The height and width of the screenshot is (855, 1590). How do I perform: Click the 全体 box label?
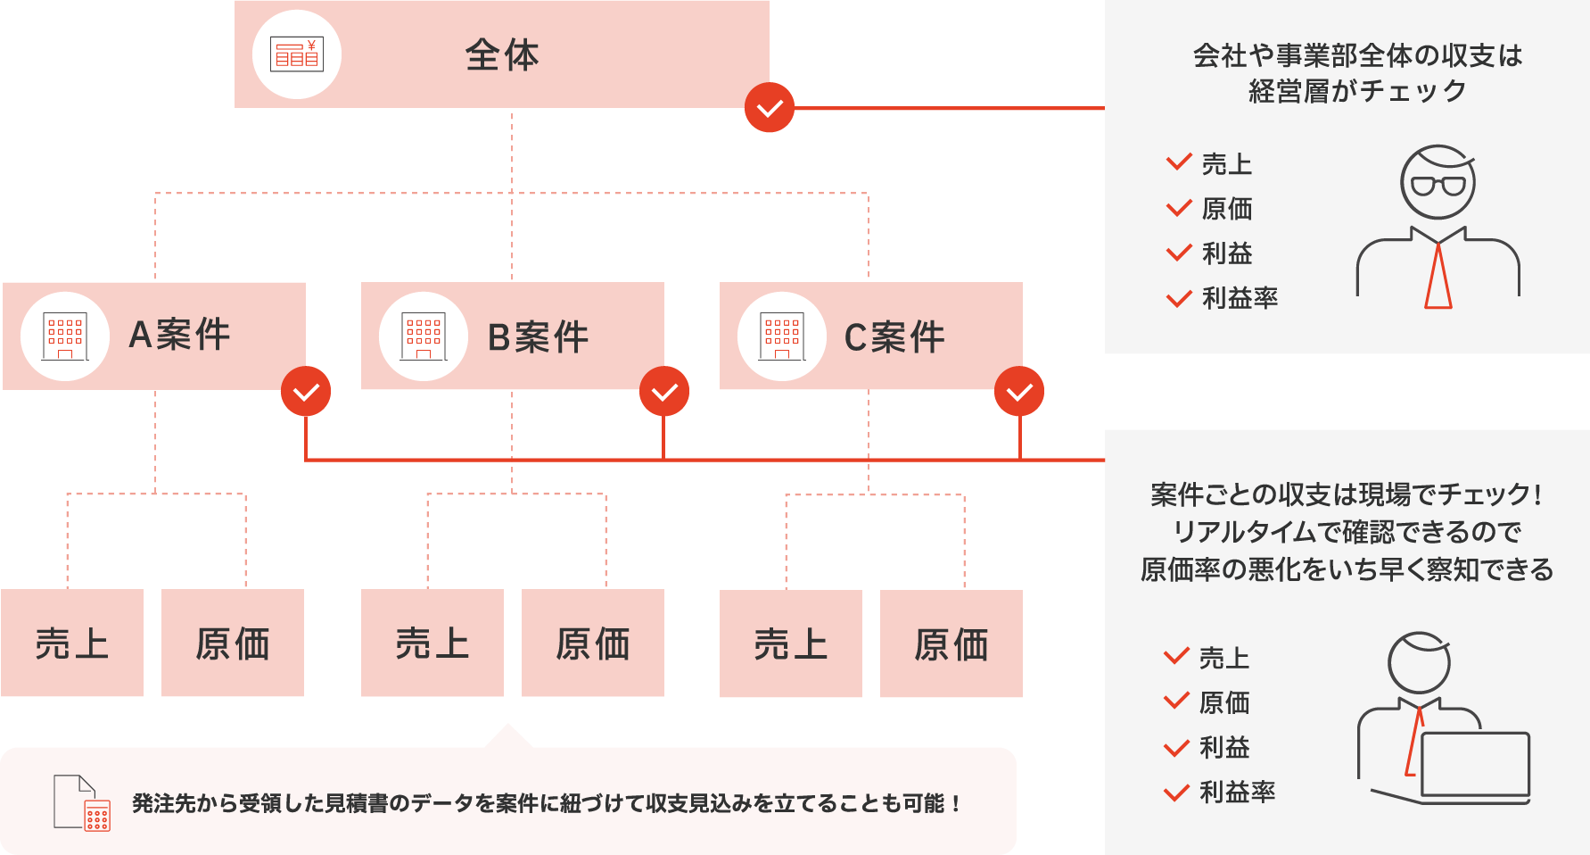pyautogui.click(x=502, y=55)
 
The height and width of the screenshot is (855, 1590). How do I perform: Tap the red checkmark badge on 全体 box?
pyautogui.click(x=770, y=108)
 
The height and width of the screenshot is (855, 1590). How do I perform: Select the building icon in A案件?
pyautogui.click(x=65, y=336)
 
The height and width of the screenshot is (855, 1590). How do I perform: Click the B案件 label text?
pyautogui.click(x=538, y=337)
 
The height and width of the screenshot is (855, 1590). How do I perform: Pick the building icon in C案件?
pyautogui.click(x=782, y=336)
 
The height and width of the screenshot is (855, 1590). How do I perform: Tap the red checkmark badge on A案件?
pyautogui.click(x=306, y=392)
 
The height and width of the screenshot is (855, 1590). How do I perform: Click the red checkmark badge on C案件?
pyautogui.click(x=1019, y=392)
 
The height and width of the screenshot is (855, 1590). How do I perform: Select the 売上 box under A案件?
pyautogui.click(x=72, y=643)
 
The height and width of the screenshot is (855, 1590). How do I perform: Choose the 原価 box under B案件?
pyautogui.click(x=593, y=643)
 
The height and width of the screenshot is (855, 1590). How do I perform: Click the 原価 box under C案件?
pyautogui.click(x=952, y=643)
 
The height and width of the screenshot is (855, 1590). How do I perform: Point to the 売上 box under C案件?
pyautogui.click(x=791, y=643)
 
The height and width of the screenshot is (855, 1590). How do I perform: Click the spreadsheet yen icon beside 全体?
pyautogui.click(x=297, y=54)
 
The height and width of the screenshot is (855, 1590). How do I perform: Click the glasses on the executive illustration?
pyautogui.click(x=1438, y=186)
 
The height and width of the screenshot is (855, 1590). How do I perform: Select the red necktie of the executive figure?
pyautogui.click(x=1438, y=277)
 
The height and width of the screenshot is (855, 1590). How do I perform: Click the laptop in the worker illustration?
pyautogui.click(x=1475, y=764)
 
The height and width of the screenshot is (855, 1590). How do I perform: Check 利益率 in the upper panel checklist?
pyautogui.click(x=1240, y=298)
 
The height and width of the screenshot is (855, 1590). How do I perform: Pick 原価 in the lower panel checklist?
pyautogui.click(x=1223, y=702)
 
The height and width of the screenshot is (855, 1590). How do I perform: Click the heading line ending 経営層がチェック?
pyautogui.click(x=1357, y=91)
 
